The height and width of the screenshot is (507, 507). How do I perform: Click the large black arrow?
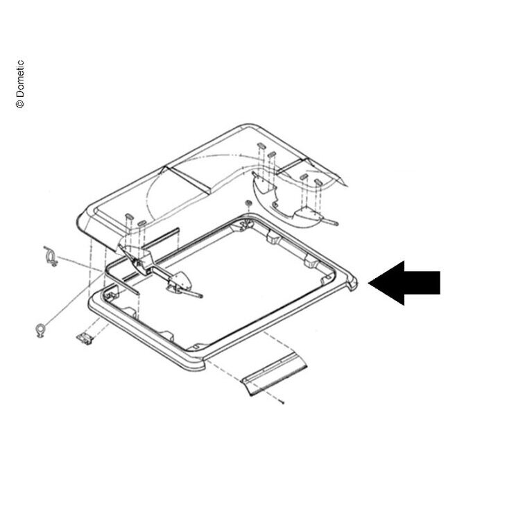[404, 283]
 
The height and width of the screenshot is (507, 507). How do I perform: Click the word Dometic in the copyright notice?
[20, 78]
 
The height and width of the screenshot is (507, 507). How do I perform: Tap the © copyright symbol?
[20, 103]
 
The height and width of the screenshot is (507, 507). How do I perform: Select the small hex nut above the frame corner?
[248, 203]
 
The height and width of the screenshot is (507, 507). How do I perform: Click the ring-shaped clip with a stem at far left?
[40, 330]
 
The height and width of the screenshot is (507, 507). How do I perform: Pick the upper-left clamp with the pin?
[51, 257]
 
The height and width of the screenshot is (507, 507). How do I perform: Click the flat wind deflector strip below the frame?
[275, 375]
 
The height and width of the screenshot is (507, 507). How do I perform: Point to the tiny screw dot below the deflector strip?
[283, 402]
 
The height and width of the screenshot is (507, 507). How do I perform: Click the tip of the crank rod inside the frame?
[201, 295]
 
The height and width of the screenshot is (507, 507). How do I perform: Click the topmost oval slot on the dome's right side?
[261, 145]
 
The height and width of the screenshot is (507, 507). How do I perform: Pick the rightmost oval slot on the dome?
[318, 182]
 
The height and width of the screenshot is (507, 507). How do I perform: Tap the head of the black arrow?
[386, 283]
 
